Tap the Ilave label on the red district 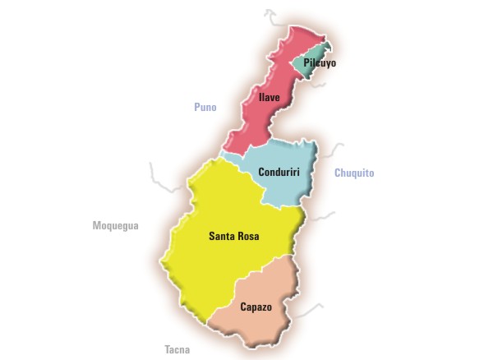coord(270,98)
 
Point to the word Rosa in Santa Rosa coord(247,237)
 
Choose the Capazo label coord(257,307)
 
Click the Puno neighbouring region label coord(205,108)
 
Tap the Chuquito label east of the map coord(354,173)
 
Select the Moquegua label coord(116,225)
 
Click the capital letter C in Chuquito coord(338,173)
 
